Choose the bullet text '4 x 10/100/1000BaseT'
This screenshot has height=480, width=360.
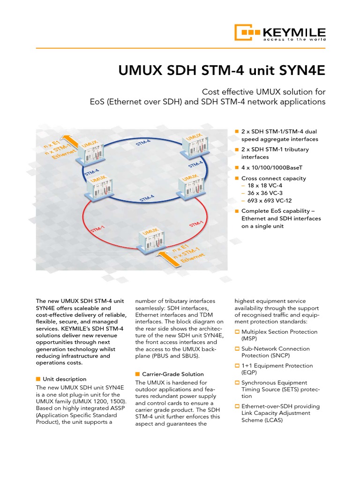tap(272, 167)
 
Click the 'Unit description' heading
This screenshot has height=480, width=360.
tap(64, 379)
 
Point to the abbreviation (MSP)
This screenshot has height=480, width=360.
tap(249, 338)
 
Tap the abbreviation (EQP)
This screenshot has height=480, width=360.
tap(249, 372)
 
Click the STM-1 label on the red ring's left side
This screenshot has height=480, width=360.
tap(97, 229)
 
